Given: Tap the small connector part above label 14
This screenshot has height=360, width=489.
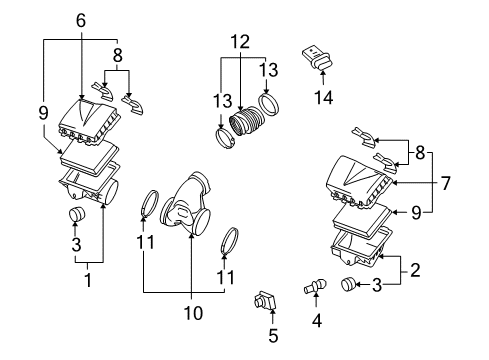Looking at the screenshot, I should coord(316,56).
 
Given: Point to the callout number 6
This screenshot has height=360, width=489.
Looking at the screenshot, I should coord(80,19).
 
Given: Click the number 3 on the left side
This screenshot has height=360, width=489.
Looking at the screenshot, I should coord(75,243).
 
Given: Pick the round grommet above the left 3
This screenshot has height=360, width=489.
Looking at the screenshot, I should coord(76,217).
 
